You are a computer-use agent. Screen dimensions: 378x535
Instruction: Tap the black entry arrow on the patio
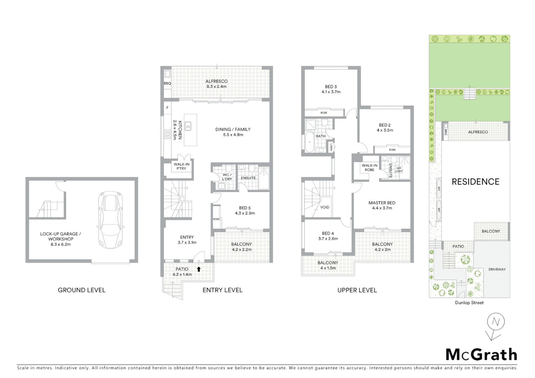click(199, 269)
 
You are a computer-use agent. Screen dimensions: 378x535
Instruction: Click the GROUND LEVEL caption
click(82, 290)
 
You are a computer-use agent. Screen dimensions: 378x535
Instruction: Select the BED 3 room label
click(331, 87)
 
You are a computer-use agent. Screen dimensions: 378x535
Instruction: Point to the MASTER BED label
click(382, 203)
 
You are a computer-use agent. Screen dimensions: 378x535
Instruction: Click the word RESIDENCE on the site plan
click(475, 182)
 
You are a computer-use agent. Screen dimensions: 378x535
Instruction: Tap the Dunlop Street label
click(469, 303)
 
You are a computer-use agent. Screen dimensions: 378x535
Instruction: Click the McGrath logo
click(481, 355)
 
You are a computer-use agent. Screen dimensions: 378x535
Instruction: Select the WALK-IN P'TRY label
click(181, 166)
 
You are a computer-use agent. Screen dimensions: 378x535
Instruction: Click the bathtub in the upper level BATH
click(310, 142)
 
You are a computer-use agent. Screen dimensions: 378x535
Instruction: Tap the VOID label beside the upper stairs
click(325, 207)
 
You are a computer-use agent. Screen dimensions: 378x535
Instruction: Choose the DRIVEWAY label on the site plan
click(497, 269)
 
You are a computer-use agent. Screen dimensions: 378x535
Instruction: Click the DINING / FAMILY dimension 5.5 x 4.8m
click(233, 135)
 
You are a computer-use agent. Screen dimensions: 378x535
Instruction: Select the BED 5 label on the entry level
click(245, 208)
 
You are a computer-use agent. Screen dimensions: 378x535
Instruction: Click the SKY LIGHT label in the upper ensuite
click(399, 170)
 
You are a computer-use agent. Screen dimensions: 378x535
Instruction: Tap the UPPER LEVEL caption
click(357, 290)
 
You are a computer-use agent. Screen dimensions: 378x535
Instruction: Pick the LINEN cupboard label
click(331, 147)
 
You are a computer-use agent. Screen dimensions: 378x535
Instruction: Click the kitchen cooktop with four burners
click(167, 134)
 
